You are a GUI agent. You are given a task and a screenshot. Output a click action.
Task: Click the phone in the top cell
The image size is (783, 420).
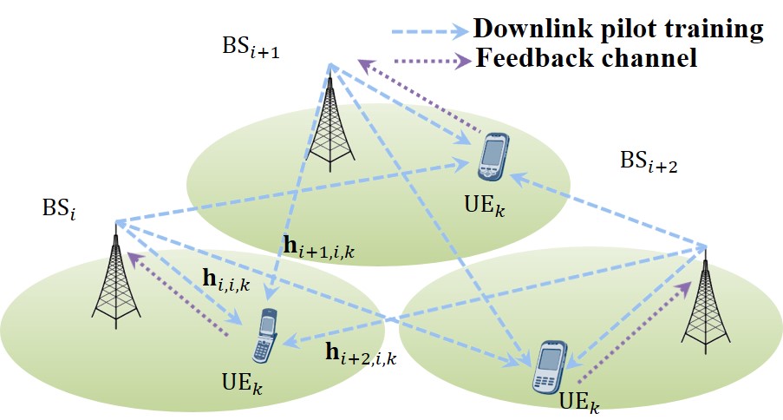coord(493,157)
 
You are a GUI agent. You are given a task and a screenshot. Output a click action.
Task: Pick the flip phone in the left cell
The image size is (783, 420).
coord(264,338)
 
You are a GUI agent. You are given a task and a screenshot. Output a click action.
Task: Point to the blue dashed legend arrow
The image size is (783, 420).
coord(426,30)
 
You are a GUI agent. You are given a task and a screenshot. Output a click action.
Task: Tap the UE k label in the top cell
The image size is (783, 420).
coord(485,208)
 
